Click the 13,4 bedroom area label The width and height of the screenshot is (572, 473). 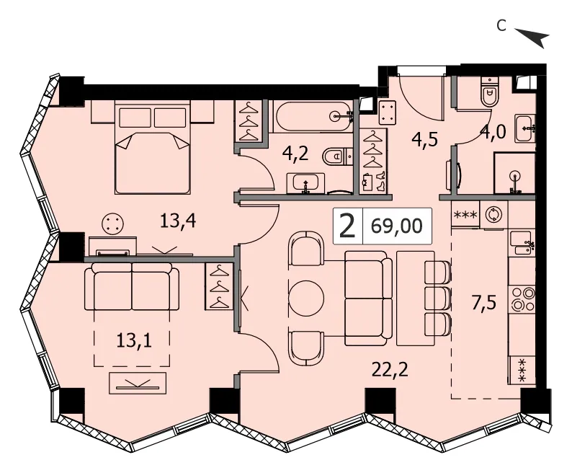pyautogui.click(x=178, y=221)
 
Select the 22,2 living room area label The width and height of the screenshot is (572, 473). pyautogui.click(x=390, y=370)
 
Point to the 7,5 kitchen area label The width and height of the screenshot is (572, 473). pyautogui.click(x=484, y=303)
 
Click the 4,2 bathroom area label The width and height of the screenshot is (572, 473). pyautogui.click(x=295, y=154)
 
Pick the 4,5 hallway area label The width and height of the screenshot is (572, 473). pyautogui.click(x=424, y=138)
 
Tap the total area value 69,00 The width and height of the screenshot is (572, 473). pyautogui.click(x=396, y=226)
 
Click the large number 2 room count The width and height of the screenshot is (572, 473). pyautogui.click(x=347, y=226)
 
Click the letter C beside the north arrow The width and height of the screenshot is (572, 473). pyautogui.click(x=502, y=25)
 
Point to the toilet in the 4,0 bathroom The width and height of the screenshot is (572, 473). pyautogui.click(x=490, y=92)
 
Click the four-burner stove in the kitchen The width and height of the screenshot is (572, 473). pyautogui.click(x=523, y=299)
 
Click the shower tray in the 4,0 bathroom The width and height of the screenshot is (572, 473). pyautogui.click(x=514, y=173)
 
